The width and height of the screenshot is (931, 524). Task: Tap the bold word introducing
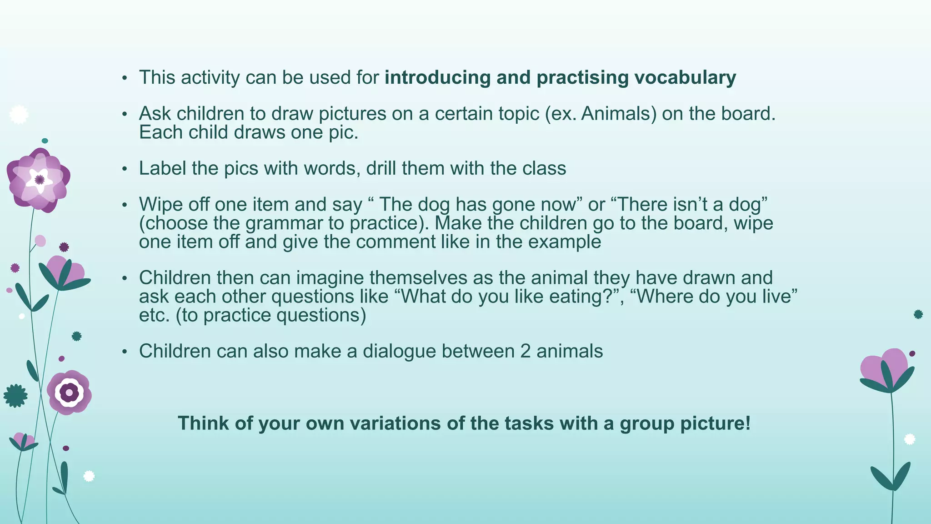tap(437, 78)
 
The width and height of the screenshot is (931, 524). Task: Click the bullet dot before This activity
tap(125, 78)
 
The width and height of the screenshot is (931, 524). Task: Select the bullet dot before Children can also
tap(125, 352)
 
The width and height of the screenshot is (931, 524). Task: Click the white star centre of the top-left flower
tap(39, 180)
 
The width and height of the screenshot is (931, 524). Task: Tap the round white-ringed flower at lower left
tap(69, 392)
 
